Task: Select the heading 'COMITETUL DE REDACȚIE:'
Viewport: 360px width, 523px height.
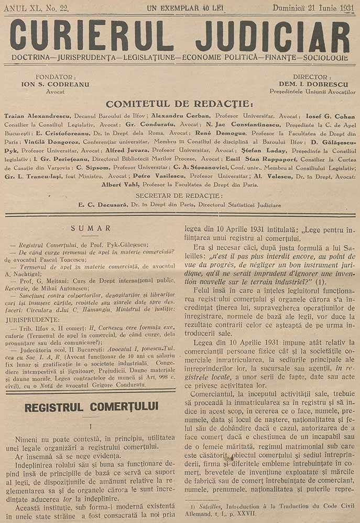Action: pyautogui.click(x=179, y=103)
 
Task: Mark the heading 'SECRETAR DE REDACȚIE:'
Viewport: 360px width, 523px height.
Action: pyautogui.click(x=180, y=195)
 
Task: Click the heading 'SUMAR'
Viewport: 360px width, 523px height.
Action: pyautogui.click(x=92, y=228)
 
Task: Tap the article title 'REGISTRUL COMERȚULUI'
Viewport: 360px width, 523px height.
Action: pyautogui.click(x=91, y=406)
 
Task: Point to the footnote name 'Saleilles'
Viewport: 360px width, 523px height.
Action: pyautogui.click(x=206, y=507)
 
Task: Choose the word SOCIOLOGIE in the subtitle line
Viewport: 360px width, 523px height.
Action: pyautogui.click(x=321, y=57)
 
